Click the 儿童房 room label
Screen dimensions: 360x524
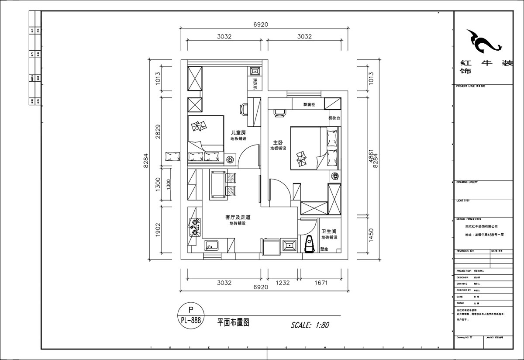click(x=238, y=132)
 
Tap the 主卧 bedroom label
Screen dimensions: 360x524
click(x=278, y=142)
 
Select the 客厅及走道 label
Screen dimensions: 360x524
click(x=238, y=217)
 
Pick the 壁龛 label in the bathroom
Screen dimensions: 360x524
click(x=324, y=249)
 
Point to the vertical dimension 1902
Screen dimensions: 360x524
click(x=158, y=231)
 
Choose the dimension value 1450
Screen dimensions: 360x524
click(x=371, y=235)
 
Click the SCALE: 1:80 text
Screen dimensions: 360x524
click(x=310, y=325)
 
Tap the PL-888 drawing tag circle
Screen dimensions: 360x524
click(x=190, y=315)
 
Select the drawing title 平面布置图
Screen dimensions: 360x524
click(x=233, y=322)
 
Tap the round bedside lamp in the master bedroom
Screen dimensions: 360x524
click(x=335, y=177)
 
